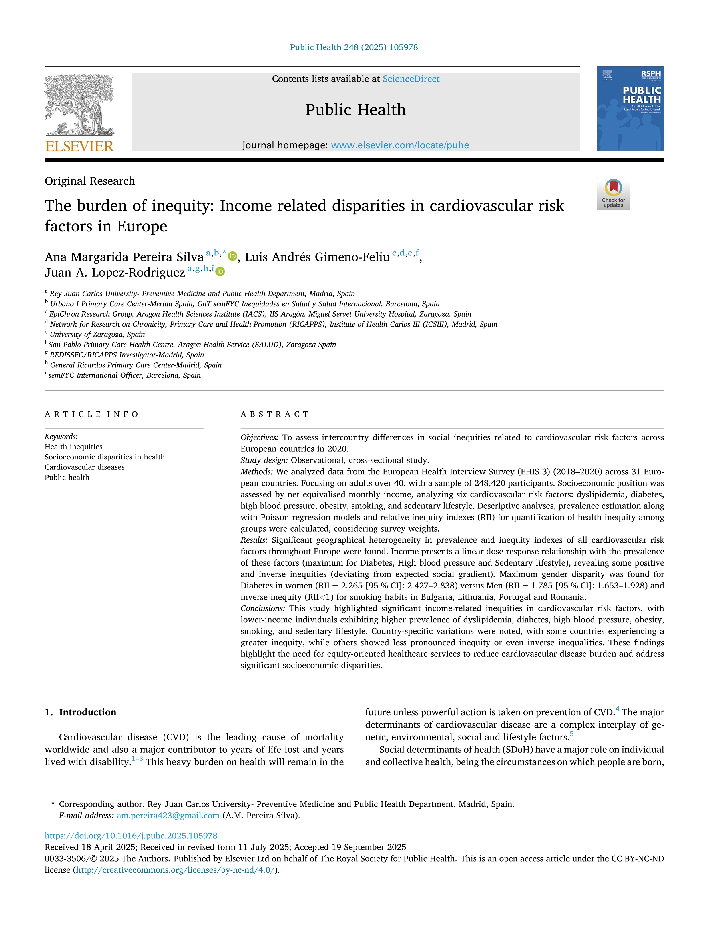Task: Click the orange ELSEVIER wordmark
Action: pos(79,147)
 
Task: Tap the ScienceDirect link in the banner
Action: pos(411,79)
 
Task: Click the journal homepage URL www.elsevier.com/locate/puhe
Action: pos(400,145)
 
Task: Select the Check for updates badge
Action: pos(613,193)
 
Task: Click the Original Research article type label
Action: pos(90,181)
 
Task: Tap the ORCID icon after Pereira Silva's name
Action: pos(232,256)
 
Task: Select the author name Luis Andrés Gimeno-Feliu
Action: pos(317,257)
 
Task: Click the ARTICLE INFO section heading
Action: pos(92,414)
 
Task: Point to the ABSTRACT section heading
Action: pos(275,414)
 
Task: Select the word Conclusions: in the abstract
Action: pos(263,608)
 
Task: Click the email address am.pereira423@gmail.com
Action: pos(168,816)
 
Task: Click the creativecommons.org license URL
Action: pos(176,870)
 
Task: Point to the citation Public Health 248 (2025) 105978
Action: pos(354,47)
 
